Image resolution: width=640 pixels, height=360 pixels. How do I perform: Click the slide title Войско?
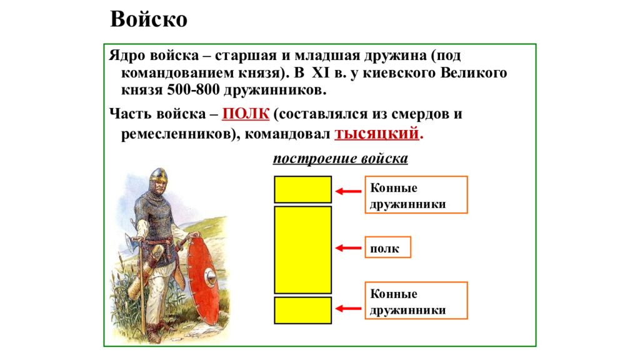click(149, 19)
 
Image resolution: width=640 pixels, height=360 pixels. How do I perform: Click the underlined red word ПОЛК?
click(246, 114)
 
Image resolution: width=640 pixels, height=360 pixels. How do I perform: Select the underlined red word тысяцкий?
click(378, 133)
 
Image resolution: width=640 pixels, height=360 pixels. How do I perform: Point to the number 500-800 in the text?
click(191, 90)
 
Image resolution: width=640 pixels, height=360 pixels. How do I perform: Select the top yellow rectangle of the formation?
click(302, 189)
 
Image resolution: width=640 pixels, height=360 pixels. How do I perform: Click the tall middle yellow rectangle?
click(302, 249)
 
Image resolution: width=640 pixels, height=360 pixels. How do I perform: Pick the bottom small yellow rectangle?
click(302, 310)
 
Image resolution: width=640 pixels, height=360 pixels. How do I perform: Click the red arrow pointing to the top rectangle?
click(348, 192)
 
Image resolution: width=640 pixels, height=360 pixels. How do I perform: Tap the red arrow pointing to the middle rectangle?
click(348, 248)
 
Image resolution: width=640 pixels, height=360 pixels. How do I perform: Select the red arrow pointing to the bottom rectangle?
click(348, 307)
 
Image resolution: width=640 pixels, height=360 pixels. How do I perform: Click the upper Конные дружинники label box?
click(416, 195)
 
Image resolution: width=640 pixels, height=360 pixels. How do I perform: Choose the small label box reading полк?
click(387, 247)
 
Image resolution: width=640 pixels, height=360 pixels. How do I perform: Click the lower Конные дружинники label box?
click(416, 301)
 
